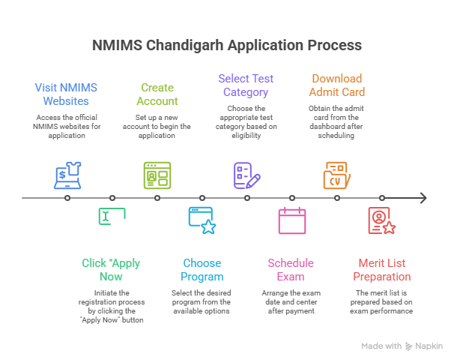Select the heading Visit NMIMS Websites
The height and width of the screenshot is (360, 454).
coord(67,94)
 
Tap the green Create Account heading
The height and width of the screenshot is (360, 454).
coord(157,94)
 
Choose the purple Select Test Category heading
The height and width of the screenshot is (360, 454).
coord(247,85)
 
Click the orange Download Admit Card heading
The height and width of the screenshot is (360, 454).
coord(337,85)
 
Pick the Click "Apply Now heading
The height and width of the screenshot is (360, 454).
coord(112,270)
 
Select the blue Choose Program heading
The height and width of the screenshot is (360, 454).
coord(202,270)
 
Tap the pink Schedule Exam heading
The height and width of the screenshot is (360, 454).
coord(291,270)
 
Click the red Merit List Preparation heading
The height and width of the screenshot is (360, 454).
coord(382,270)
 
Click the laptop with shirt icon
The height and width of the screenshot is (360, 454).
coord(67,175)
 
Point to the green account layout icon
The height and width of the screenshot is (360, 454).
coord(157,175)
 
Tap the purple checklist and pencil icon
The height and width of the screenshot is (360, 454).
coord(246,175)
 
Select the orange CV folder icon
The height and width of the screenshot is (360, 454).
coord(336,175)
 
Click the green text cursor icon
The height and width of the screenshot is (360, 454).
coord(112,217)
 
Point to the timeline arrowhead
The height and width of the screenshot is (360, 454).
coord(423,198)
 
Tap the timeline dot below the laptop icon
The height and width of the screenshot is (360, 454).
coord(67,198)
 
